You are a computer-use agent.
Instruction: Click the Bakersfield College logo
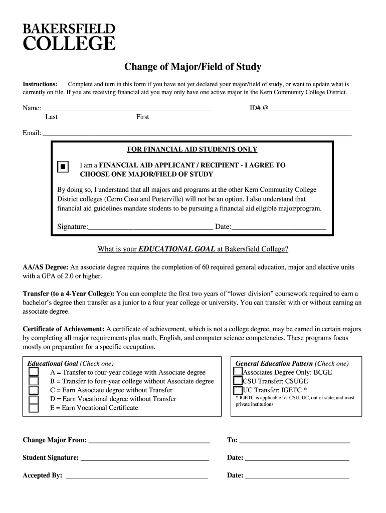(69, 37)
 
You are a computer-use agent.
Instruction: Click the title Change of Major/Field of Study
(193, 67)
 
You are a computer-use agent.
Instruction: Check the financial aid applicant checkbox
(63, 167)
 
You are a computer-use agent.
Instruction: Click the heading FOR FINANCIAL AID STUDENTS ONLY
(192, 149)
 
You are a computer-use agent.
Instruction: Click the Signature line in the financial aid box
(150, 226)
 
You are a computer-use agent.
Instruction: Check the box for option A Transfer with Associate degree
(34, 372)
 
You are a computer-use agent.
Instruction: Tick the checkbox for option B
(34, 381)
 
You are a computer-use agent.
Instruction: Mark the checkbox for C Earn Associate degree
(34, 390)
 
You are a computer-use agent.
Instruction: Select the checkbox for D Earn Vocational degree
(34, 399)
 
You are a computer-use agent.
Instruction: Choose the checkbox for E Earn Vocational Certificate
(34, 408)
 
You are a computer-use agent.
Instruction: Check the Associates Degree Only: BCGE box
(238, 372)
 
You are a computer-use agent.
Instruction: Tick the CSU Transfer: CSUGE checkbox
(238, 381)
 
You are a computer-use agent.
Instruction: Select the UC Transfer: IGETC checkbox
(238, 390)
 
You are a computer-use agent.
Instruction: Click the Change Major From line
(148, 440)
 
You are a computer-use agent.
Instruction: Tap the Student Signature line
(144, 458)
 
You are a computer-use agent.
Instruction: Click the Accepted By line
(136, 476)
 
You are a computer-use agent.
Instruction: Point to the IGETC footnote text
(295, 401)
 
